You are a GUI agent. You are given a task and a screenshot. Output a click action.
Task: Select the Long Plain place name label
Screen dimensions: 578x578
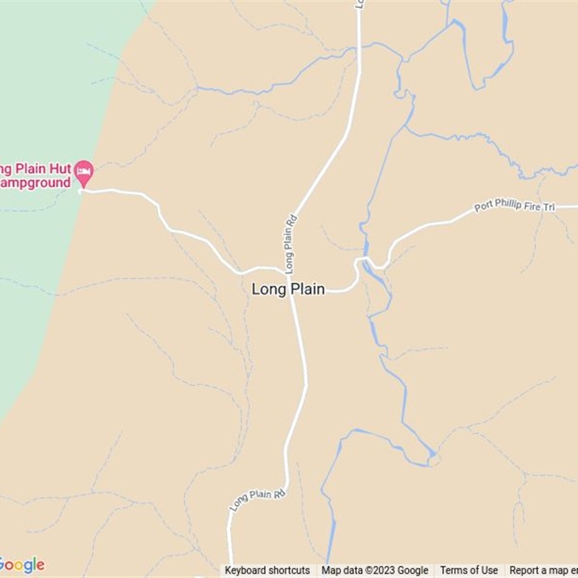(x=288, y=289)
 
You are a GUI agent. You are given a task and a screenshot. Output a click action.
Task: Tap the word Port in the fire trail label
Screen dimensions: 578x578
(x=485, y=209)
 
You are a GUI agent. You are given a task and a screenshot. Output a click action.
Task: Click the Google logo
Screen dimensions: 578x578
(x=22, y=564)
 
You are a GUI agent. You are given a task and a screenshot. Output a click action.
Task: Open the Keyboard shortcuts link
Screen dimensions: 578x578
(x=267, y=570)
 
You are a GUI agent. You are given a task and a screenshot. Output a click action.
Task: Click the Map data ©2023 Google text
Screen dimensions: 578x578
(x=375, y=570)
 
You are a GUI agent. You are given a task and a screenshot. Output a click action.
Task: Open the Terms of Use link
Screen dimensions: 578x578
(x=469, y=570)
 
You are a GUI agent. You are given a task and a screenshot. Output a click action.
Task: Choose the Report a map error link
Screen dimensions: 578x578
(x=543, y=570)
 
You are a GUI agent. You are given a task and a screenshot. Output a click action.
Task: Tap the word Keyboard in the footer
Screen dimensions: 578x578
(x=246, y=570)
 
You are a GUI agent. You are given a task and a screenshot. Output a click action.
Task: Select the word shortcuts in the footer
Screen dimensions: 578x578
(x=290, y=570)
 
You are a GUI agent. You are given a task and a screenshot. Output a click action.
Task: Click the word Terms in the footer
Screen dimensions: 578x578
(x=454, y=570)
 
